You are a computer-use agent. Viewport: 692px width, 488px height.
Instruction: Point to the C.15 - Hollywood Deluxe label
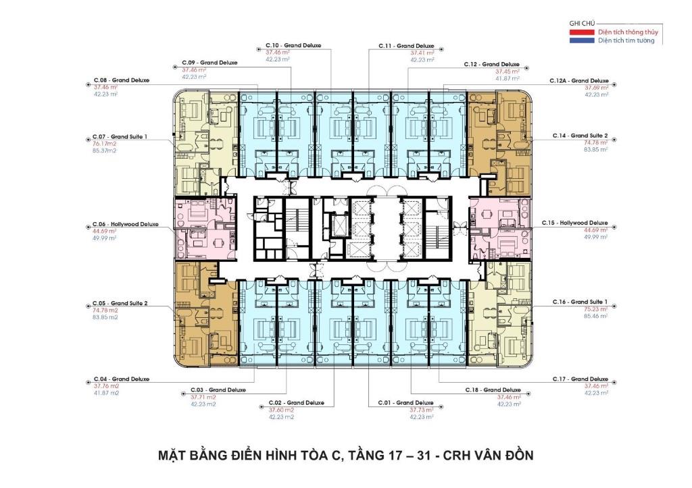(x=574, y=223)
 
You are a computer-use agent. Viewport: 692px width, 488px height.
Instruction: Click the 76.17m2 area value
(x=105, y=143)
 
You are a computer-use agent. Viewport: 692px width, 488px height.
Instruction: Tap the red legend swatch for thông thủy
(x=583, y=32)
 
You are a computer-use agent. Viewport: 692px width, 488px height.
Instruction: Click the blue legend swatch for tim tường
(x=583, y=40)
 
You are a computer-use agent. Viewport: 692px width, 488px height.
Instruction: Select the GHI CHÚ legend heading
(x=581, y=23)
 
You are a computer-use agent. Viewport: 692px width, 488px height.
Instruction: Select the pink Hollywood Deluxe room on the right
(x=499, y=228)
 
